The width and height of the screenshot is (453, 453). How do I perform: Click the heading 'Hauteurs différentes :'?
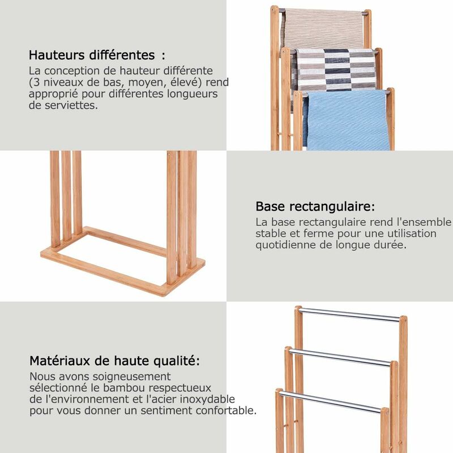[97, 55]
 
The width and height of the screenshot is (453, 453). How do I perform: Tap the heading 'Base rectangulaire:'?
[315, 207]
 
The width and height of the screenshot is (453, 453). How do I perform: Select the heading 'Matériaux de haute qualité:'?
[115, 361]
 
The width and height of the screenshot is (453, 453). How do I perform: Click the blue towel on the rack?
[347, 120]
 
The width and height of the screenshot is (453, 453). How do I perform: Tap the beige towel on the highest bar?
[322, 28]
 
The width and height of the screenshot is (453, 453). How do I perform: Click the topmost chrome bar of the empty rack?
[349, 315]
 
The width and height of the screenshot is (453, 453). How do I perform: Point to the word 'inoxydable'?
[207, 399]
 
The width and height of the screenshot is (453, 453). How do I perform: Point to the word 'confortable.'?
[226, 410]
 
